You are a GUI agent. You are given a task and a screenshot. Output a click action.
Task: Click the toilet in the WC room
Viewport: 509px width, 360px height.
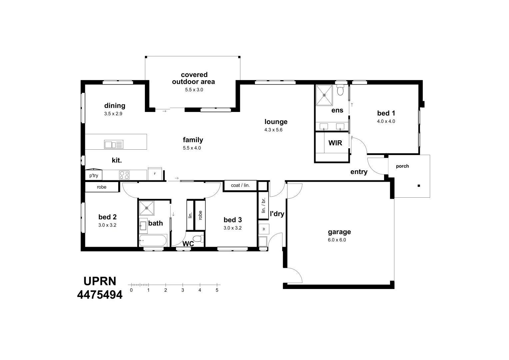pyautogui.click(x=199, y=239)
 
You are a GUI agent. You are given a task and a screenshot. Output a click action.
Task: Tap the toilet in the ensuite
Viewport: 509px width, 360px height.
pyautogui.click(x=340, y=90)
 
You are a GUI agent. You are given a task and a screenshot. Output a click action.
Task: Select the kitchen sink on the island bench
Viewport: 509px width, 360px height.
pyautogui.click(x=114, y=144)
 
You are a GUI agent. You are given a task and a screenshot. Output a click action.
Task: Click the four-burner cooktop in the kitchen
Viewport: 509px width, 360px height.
pyautogui.click(x=124, y=175)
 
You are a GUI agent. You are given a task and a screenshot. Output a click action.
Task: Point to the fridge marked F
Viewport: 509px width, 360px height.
pyautogui.click(x=155, y=174)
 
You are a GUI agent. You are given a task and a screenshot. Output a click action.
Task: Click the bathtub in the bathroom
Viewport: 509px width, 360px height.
pyautogui.click(x=153, y=240)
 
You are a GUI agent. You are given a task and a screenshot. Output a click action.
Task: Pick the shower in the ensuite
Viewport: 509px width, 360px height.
pyautogui.click(x=324, y=95)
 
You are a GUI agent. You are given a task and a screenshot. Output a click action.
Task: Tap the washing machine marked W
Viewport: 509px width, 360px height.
pyautogui.click(x=264, y=229)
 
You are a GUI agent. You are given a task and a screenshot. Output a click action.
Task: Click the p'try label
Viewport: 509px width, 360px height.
pyautogui.click(x=94, y=175)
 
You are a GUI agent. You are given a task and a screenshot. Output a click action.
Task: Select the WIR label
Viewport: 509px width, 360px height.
pyautogui.click(x=335, y=143)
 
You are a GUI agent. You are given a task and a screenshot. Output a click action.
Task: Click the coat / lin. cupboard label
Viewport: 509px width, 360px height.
pyautogui.click(x=240, y=185)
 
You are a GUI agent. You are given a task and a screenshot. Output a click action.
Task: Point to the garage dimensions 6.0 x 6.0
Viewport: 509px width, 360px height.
pyautogui.click(x=337, y=240)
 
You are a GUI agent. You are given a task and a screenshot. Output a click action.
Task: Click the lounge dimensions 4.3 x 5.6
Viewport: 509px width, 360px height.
pyautogui.click(x=273, y=130)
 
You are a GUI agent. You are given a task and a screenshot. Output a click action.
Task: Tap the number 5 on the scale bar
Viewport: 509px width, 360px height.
pyautogui.click(x=217, y=290)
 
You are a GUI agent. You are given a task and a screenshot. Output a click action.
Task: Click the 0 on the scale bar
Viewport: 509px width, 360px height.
pyautogui.click(x=131, y=290)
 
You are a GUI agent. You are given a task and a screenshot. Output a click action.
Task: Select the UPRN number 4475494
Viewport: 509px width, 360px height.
pyautogui.click(x=100, y=295)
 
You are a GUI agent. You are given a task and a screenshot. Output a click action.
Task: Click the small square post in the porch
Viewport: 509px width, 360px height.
pyautogui.click(x=419, y=186)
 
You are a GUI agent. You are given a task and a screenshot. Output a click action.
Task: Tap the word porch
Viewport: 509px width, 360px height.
pyautogui.click(x=402, y=166)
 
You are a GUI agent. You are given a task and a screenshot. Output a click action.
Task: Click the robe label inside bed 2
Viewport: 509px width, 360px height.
pyautogui.click(x=102, y=187)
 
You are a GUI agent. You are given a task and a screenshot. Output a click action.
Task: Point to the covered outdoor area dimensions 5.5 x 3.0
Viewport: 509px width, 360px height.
pyautogui.click(x=194, y=90)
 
